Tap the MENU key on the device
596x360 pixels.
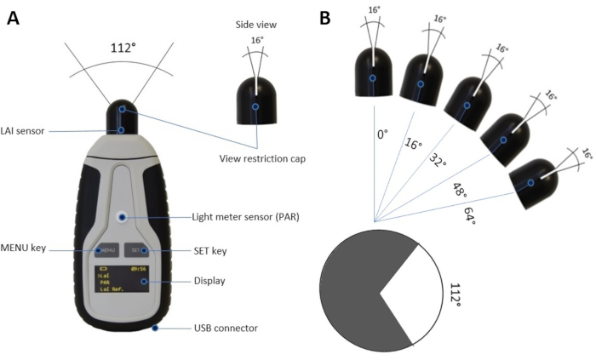[x=104, y=250]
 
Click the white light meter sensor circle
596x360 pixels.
[x=121, y=217]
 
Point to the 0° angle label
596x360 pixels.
[x=382, y=134]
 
